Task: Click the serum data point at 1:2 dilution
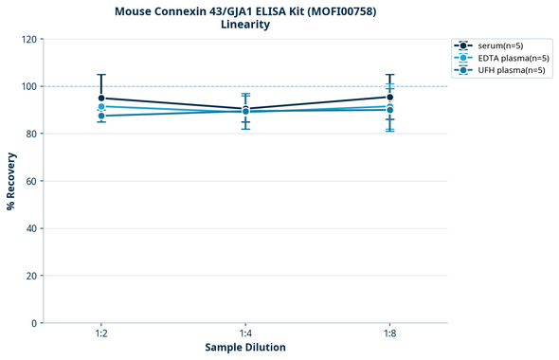pyautogui.click(x=101, y=98)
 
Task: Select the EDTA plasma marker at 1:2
pyautogui.click(x=101, y=106)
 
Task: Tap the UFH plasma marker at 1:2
pyautogui.click(x=101, y=116)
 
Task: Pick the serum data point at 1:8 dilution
pyautogui.click(x=389, y=97)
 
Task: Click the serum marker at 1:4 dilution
pyautogui.click(x=245, y=109)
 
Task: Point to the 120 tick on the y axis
pyautogui.click(x=28, y=39)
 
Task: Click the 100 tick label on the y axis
pyautogui.click(x=28, y=86)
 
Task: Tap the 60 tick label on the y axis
pyautogui.click(x=31, y=181)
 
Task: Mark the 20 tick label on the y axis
pyautogui.click(x=31, y=276)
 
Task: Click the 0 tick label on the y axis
pyautogui.click(x=34, y=323)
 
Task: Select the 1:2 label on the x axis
pyautogui.click(x=101, y=333)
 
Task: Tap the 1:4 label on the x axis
pyautogui.click(x=245, y=333)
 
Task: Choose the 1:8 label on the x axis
pyautogui.click(x=389, y=333)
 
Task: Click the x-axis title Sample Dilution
pyautogui.click(x=245, y=348)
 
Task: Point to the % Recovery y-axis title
pyautogui.click(x=11, y=181)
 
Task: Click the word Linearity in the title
pyautogui.click(x=245, y=25)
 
